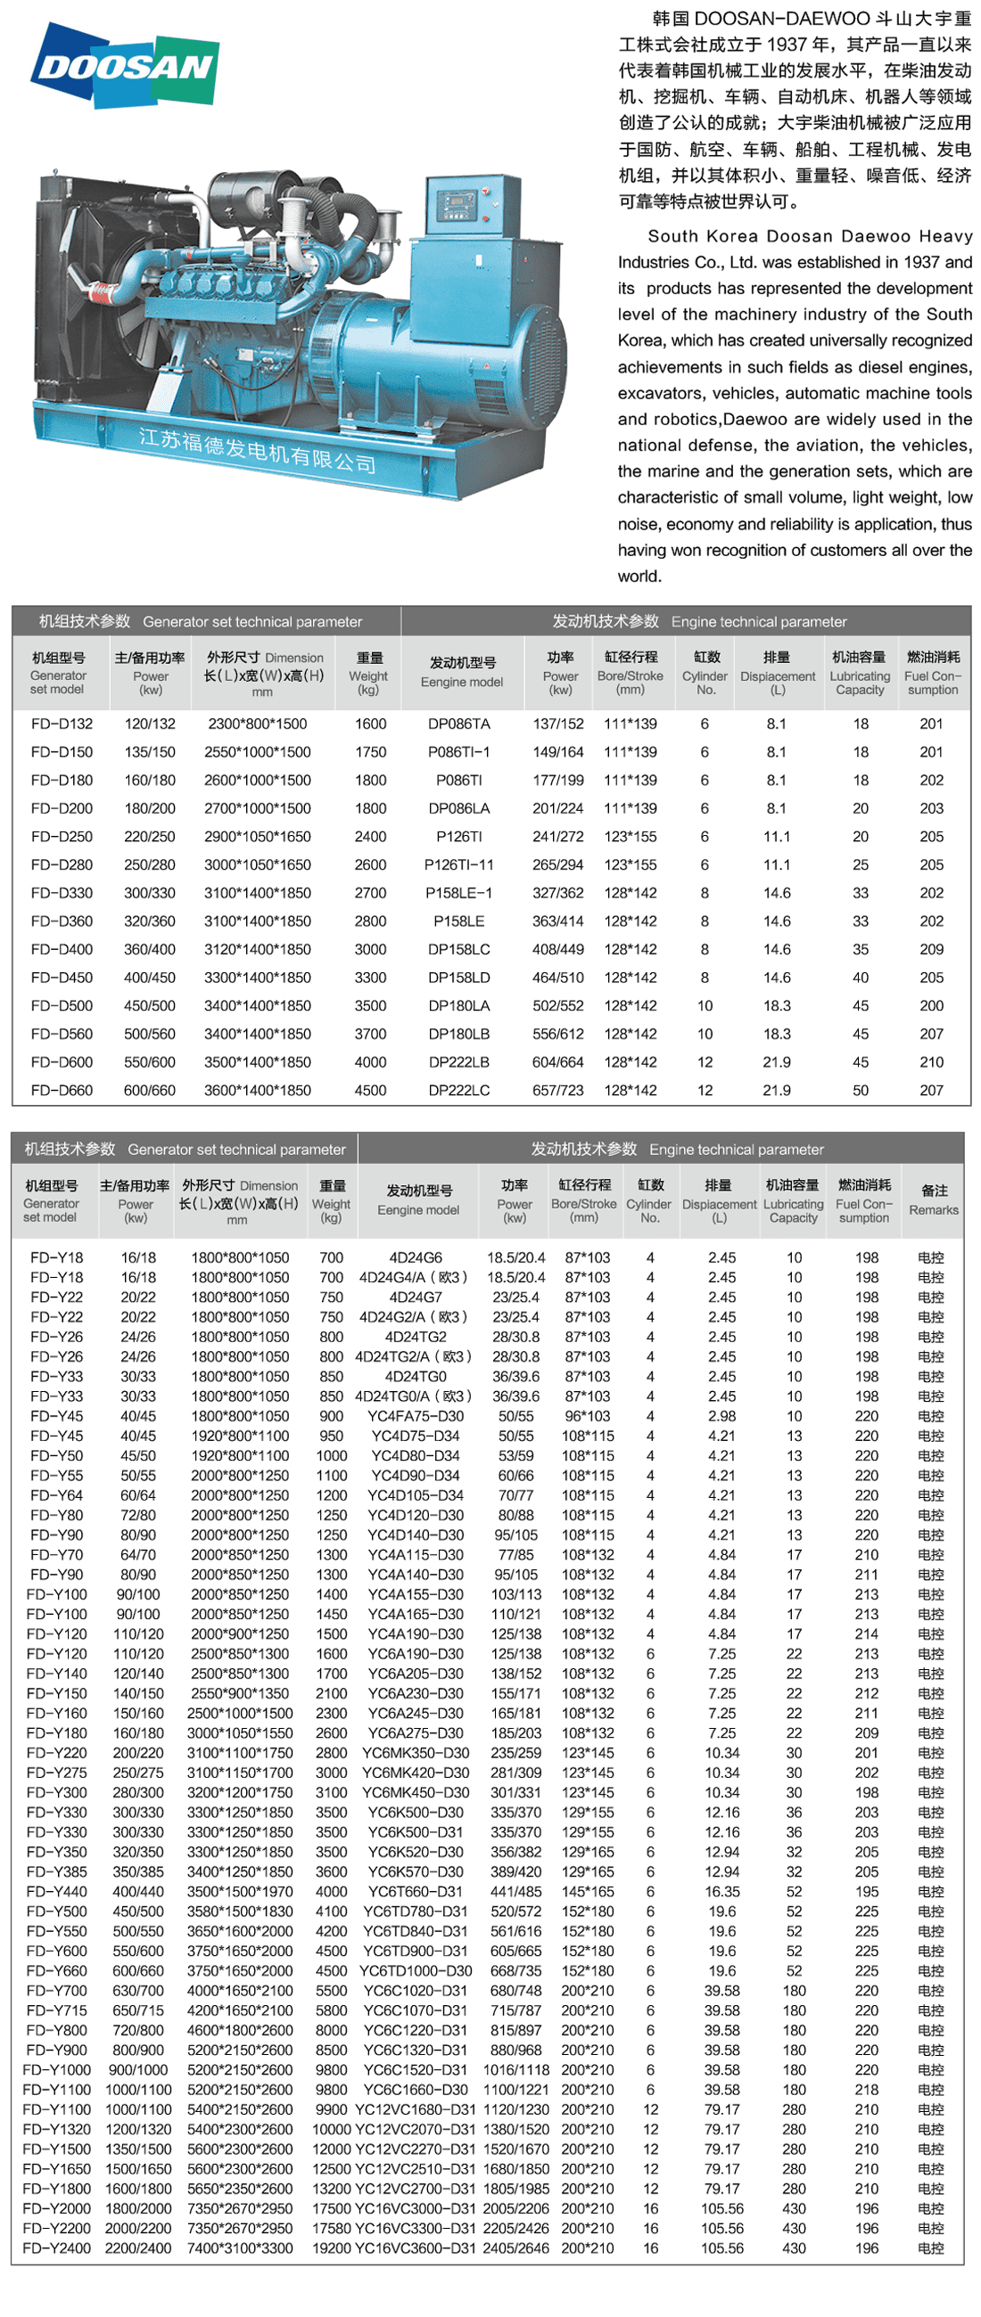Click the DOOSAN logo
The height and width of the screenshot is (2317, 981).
pos(125,66)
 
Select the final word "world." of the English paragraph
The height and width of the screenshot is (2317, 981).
pos(639,577)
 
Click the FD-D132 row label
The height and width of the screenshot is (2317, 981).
pos(62,724)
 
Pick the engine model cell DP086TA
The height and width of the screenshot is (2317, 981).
pos(459,724)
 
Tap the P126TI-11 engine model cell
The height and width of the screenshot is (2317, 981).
pos(459,865)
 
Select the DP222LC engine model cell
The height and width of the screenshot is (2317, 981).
pos(459,1091)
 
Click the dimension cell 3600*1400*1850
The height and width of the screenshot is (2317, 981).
pos(258,1091)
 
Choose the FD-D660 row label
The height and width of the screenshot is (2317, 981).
pos(62,1091)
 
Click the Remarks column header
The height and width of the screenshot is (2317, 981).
pos(934,1199)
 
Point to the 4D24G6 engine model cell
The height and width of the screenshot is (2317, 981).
pos(416,1257)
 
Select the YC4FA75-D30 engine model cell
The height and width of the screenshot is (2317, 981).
pos(416,1416)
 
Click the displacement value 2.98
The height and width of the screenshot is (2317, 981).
pos(721,1416)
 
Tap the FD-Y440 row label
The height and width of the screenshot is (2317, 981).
pos(57,1892)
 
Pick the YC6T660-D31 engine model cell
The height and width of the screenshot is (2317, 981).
pos(416,1892)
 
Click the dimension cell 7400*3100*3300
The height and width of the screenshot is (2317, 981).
pos(240,2247)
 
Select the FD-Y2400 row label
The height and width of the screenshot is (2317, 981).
pos(57,2247)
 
